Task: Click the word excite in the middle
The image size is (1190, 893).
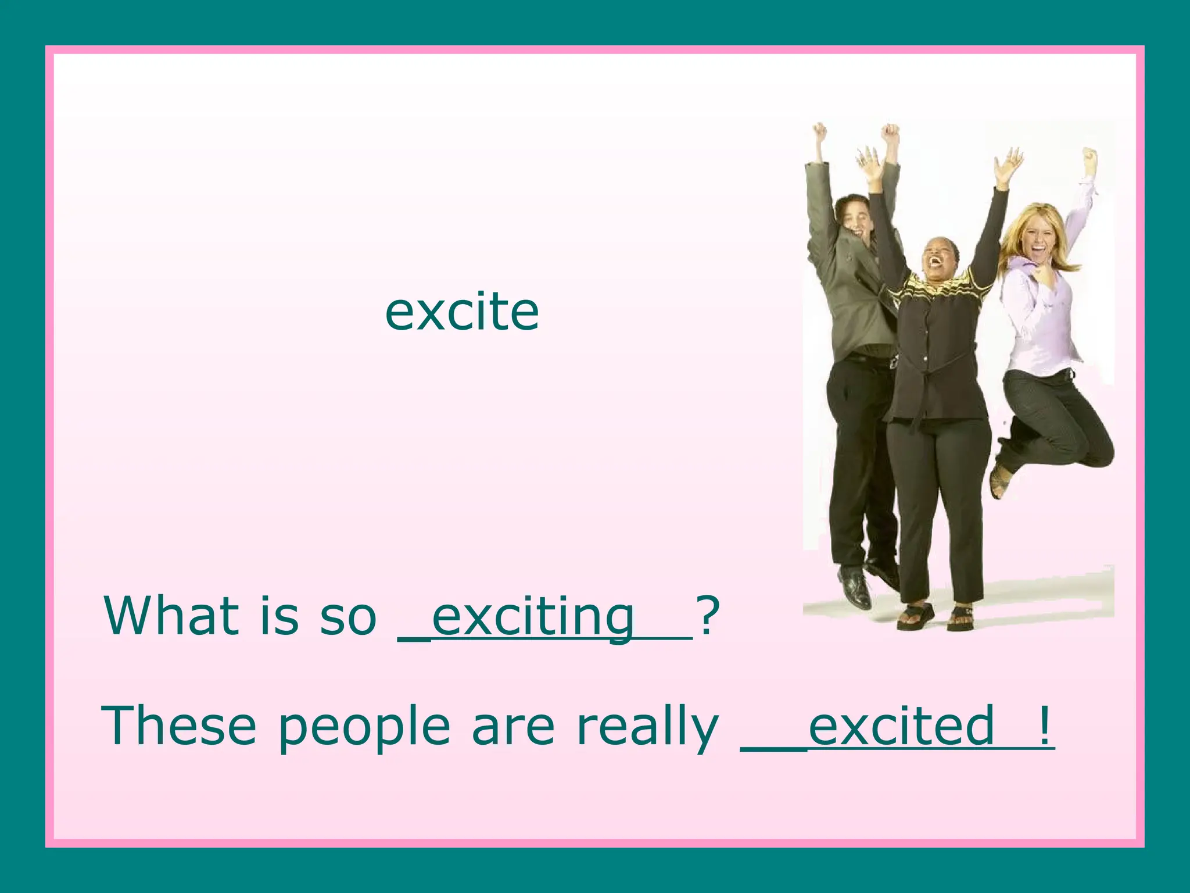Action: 462,312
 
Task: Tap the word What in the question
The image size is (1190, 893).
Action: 171,616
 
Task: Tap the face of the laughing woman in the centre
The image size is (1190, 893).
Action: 936,259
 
